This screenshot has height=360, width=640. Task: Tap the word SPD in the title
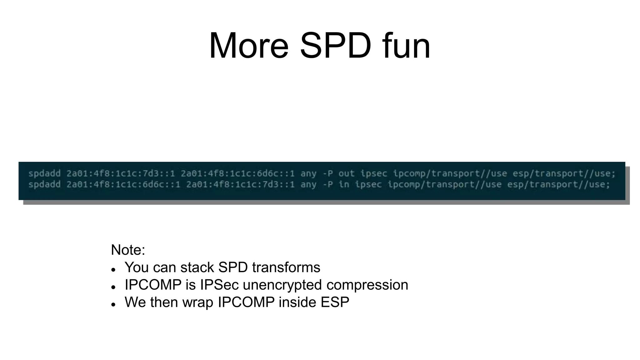[336, 46]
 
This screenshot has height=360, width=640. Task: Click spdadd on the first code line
[44, 173]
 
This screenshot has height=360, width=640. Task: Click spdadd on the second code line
[44, 184]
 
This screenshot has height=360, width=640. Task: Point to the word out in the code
[346, 173]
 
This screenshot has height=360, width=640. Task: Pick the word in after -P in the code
[343, 184]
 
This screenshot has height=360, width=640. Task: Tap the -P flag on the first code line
[327, 173]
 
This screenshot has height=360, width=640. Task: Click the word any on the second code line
[308, 184]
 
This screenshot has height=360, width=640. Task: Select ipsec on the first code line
[373, 173]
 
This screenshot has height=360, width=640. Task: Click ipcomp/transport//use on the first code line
[450, 173]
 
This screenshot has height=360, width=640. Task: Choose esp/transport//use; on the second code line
[558, 184]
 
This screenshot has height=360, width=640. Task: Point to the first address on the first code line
[121, 173]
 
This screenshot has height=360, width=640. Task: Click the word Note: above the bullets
[128, 250]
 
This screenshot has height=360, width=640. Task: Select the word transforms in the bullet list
[286, 267]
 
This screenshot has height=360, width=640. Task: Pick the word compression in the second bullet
[367, 285]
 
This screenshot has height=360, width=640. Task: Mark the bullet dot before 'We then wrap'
[113, 304]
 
